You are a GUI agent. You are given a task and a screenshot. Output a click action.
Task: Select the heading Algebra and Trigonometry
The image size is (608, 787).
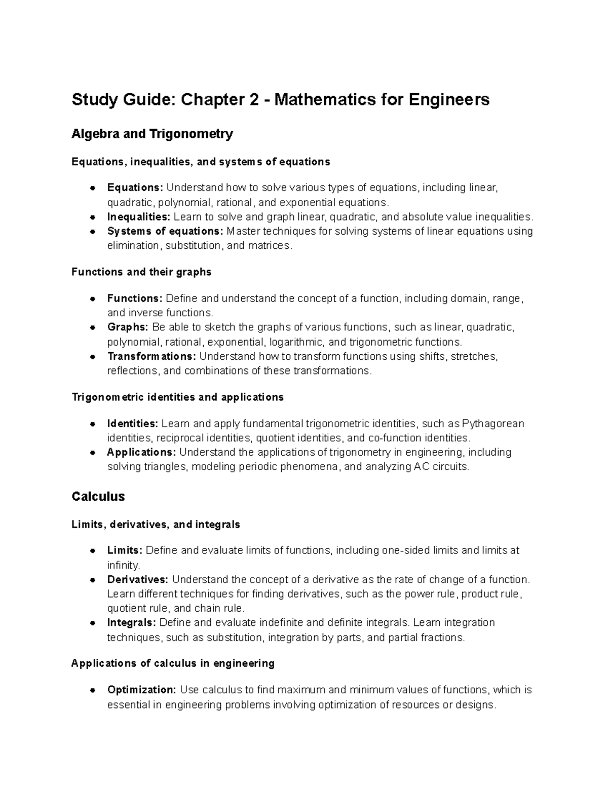(152, 134)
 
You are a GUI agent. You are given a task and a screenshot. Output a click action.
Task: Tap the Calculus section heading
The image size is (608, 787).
(98, 496)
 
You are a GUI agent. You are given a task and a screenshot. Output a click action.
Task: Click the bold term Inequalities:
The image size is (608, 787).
(138, 217)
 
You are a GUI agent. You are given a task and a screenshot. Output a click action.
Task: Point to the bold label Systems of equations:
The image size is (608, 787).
(165, 232)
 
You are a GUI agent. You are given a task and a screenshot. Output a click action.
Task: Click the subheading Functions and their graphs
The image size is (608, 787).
(141, 272)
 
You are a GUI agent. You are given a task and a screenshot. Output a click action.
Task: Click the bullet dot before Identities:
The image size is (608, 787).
(92, 424)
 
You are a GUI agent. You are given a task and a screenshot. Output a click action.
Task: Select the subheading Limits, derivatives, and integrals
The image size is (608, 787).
(156, 524)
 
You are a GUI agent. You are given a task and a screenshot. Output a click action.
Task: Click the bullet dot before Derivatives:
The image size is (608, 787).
(92, 580)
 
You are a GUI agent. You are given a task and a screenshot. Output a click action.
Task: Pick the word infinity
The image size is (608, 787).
(123, 565)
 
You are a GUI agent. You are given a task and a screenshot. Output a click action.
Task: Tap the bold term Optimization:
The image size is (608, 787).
(141, 690)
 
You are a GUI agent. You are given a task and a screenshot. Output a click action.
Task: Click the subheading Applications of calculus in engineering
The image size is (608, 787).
(173, 663)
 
